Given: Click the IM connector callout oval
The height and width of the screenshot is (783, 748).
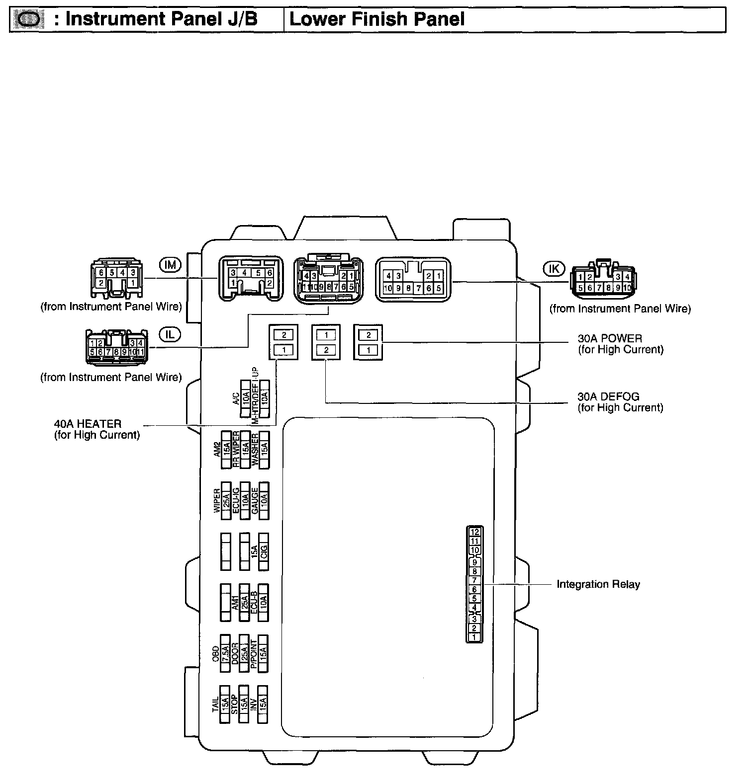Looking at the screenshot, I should tap(170, 265).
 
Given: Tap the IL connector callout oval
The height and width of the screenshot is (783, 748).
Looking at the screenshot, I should tap(170, 334).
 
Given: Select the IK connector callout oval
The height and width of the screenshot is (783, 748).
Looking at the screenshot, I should tap(554, 269).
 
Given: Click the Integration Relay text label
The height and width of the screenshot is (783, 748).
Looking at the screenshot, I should tap(598, 584).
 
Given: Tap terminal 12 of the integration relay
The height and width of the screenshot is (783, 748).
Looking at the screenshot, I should tap(474, 532).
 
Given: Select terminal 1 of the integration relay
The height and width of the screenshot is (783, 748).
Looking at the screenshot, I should tap(474, 637).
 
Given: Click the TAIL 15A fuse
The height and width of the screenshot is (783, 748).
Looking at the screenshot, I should tap(225, 704).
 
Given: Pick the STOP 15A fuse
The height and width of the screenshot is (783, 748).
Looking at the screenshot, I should tap(244, 704).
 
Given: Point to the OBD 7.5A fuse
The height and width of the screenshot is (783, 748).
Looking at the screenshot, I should tap(225, 653).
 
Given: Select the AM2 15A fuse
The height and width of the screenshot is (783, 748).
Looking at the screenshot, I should tap(226, 449).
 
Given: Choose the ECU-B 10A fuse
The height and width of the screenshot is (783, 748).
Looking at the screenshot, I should tap(264, 602).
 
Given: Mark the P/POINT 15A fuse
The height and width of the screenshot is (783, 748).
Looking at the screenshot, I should tap(264, 653).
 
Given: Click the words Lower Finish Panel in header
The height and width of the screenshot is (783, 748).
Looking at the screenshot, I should tap(377, 19).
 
